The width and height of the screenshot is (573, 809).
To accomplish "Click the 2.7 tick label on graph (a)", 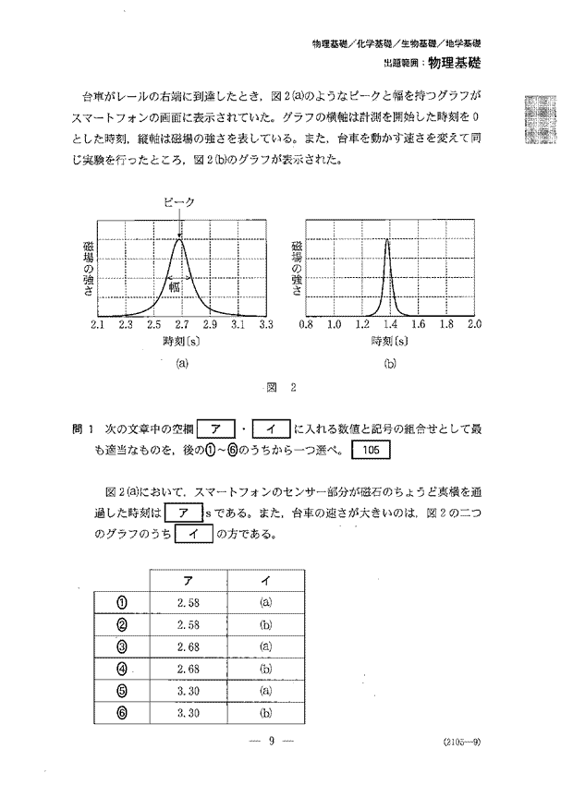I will point(182,325).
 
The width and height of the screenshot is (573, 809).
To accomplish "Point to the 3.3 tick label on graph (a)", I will point(266,325).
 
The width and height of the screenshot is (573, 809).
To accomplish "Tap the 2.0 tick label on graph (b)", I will point(474,325).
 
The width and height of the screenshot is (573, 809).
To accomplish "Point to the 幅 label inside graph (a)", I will point(174,286).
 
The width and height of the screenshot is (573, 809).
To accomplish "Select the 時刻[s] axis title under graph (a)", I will point(182,341).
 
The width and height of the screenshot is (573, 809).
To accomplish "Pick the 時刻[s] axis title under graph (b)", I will point(390,341).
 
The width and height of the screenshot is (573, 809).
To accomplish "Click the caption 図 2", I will point(286,388).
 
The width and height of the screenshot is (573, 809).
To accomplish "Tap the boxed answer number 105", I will point(372,450).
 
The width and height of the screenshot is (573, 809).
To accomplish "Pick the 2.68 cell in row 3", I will point(189,646).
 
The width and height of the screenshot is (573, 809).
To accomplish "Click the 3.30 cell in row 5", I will point(189,690).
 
